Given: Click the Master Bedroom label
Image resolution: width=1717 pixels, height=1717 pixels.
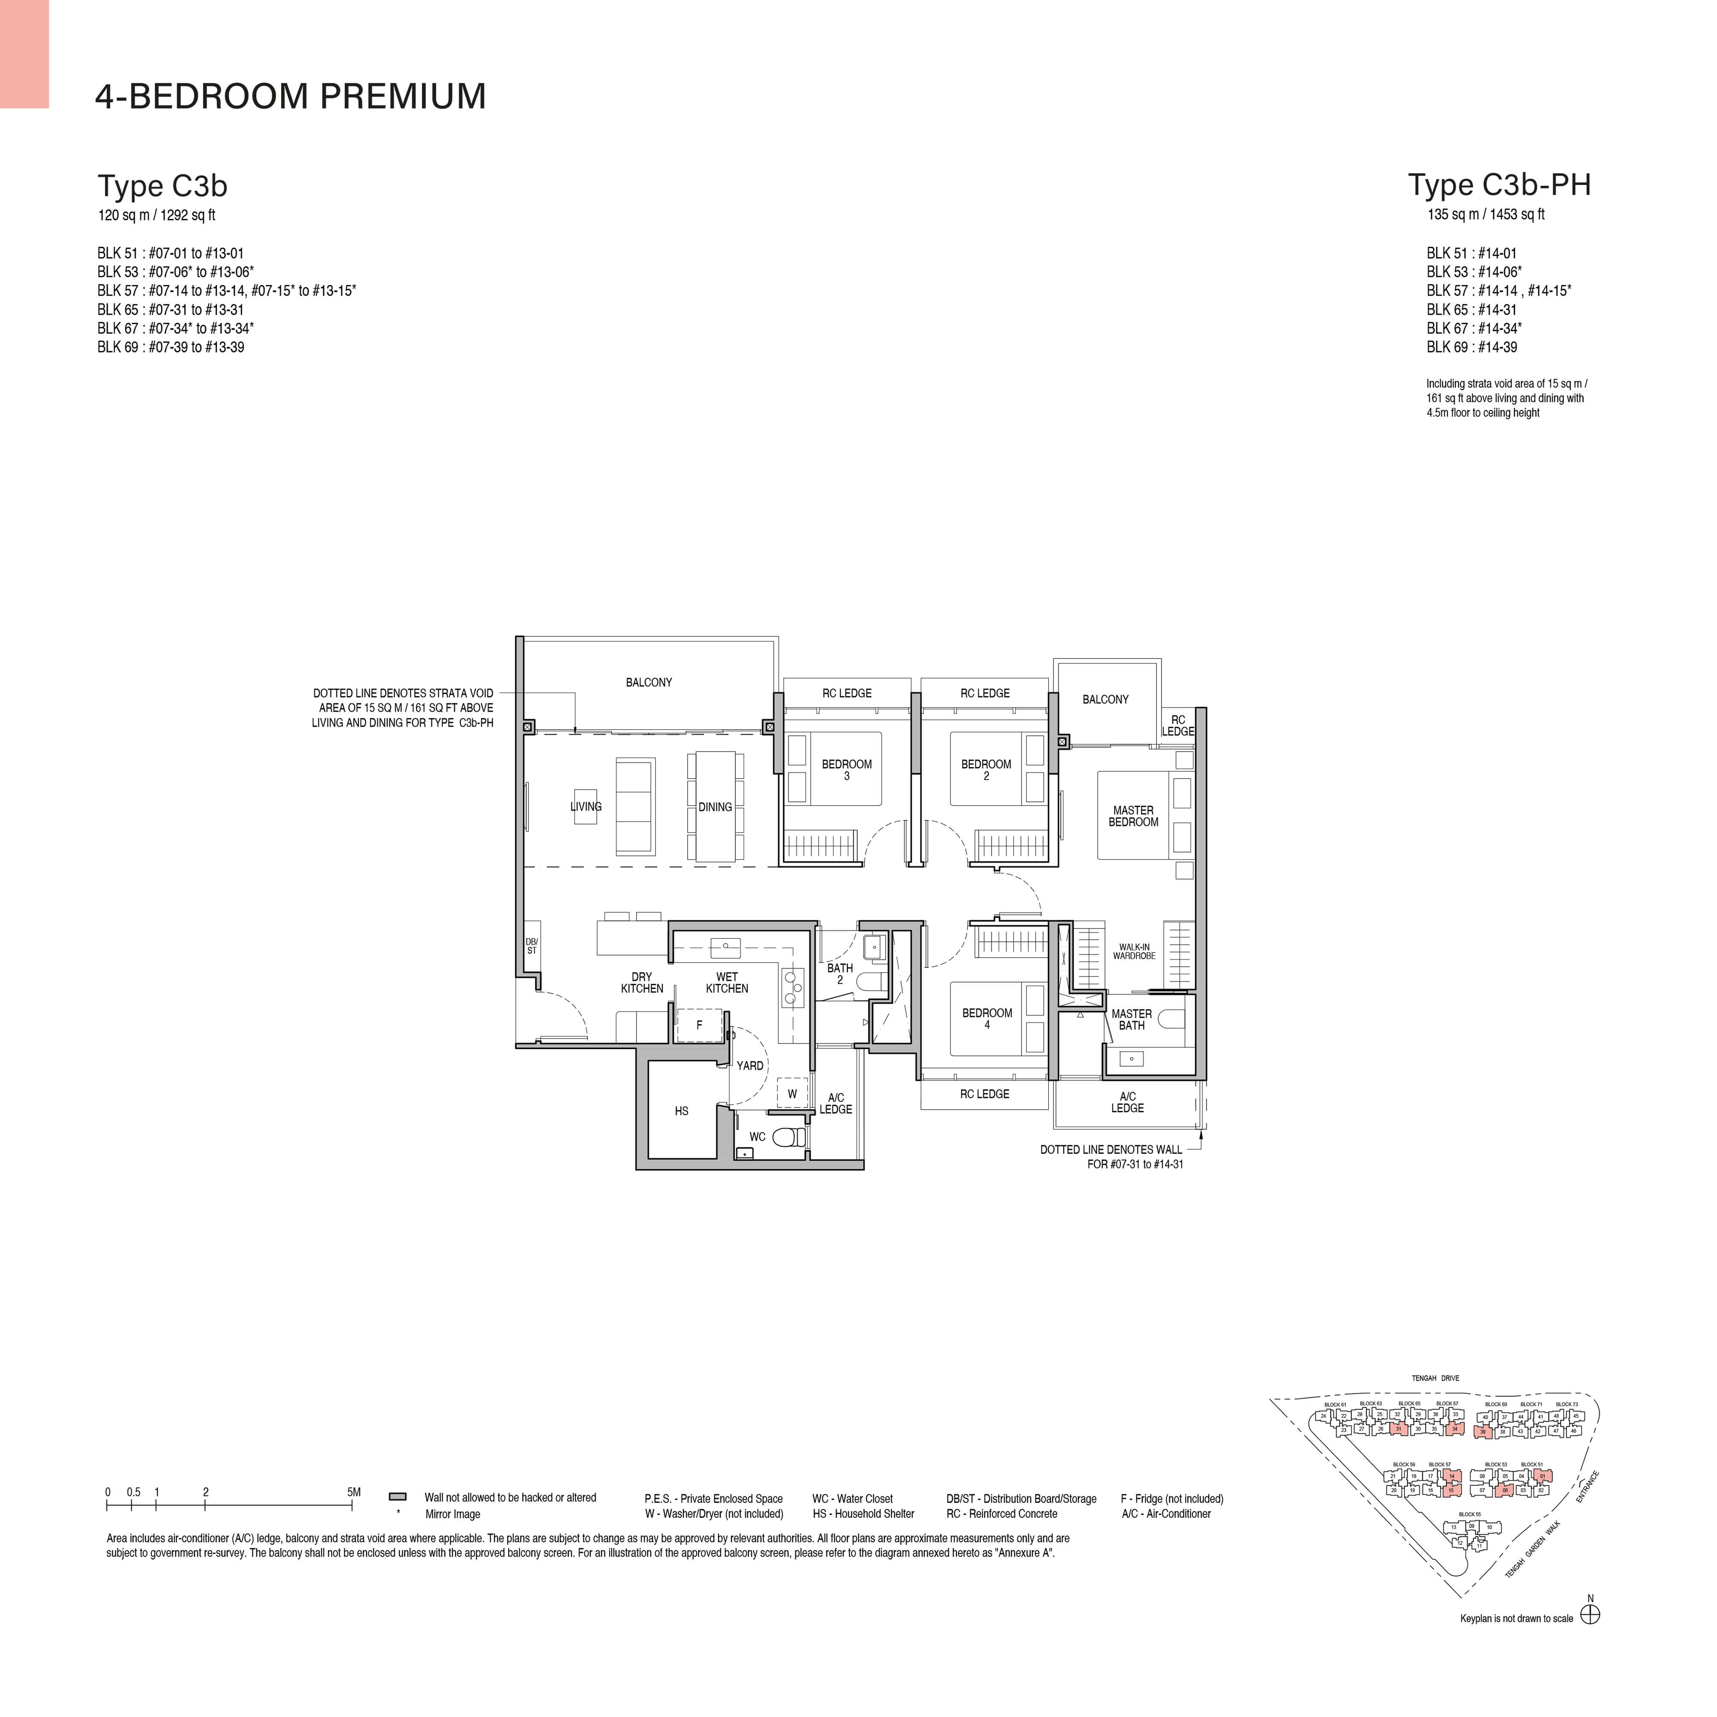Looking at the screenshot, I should point(1133,816).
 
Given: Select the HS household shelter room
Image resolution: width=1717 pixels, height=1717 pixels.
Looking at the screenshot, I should point(682,1111).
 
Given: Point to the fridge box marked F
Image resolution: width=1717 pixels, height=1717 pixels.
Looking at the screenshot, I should point(699,1025).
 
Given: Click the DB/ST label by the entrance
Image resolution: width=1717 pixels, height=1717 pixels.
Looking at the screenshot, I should point(531,946).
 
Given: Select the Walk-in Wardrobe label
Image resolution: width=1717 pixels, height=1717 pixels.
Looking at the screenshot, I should point(1134,951).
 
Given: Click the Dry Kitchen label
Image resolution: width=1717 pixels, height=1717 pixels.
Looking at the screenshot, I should point(642,982).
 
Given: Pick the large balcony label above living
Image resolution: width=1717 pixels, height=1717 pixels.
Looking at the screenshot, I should point(649,683).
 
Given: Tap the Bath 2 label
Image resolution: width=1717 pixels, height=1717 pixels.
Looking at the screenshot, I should point(840,973).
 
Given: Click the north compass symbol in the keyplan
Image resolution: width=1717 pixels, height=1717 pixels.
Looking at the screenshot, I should point(1590,1615).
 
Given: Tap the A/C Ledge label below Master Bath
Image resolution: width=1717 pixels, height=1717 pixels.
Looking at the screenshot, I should point(1127,1102).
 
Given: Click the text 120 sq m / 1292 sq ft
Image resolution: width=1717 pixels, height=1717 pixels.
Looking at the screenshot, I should point(156,215).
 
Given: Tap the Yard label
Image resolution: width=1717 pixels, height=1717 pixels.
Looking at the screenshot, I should point(749,1065).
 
